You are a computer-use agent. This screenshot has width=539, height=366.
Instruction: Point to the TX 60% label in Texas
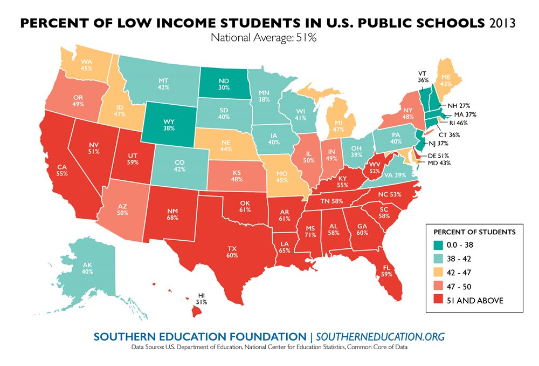tap(232, 251)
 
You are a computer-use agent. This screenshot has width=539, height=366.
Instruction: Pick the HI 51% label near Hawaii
tap(202, 298)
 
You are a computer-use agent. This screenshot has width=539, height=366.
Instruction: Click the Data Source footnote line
tap(269, 348)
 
